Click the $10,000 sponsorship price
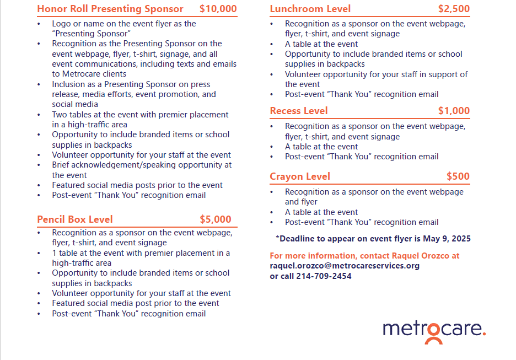(x=218, y=9)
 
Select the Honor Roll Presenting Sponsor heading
(x=110, y=9)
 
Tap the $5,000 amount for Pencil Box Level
(x=215, y=219)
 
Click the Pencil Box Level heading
(x=75, y=219)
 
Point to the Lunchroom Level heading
(x=310, y=9)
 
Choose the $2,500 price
(x=454, y=9)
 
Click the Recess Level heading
(x=299, y=111)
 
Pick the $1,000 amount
(x=454, y=111)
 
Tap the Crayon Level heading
(x=300, y=176)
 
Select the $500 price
(x=458, y=176)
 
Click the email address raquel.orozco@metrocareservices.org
(x=345, y=266)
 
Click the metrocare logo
(x=434, y=330)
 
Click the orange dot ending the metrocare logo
(x=484, y=334)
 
